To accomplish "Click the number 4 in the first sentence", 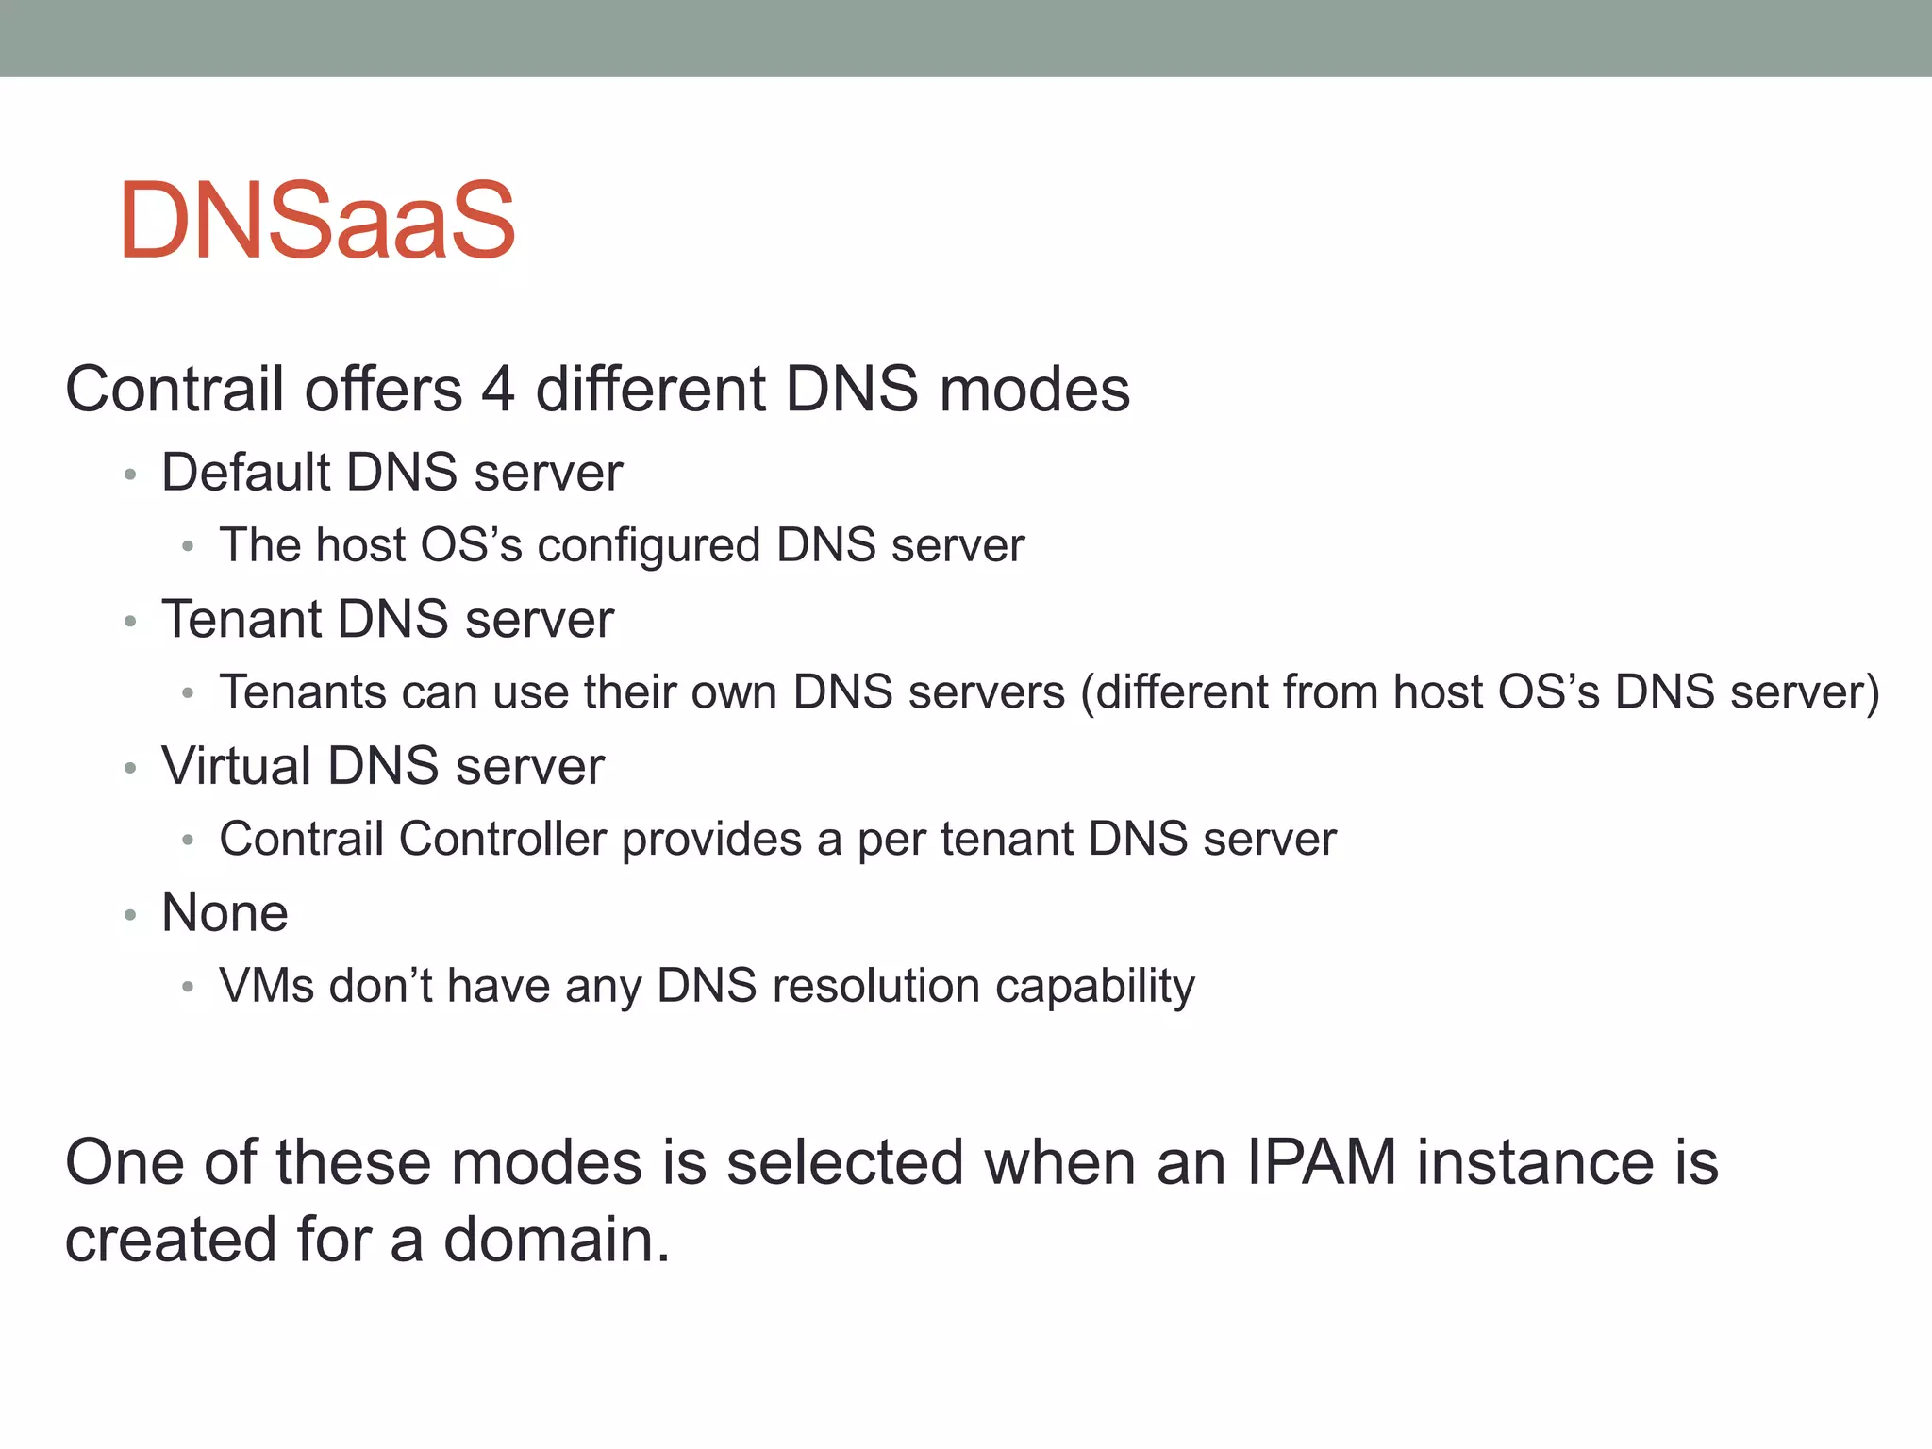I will tap(498, 390).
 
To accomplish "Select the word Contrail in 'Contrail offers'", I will tap(175, 390).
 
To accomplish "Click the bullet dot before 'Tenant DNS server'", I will tap(131, 622).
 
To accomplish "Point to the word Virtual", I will tap(236, 765).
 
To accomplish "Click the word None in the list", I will tap(225, 913).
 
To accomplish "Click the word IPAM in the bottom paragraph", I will tap(1321, 1162).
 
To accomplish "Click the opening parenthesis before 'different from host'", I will tap(1088, 693).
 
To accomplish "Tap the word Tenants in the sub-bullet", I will tap(302, 691).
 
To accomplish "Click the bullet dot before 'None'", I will tap(131, 915).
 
